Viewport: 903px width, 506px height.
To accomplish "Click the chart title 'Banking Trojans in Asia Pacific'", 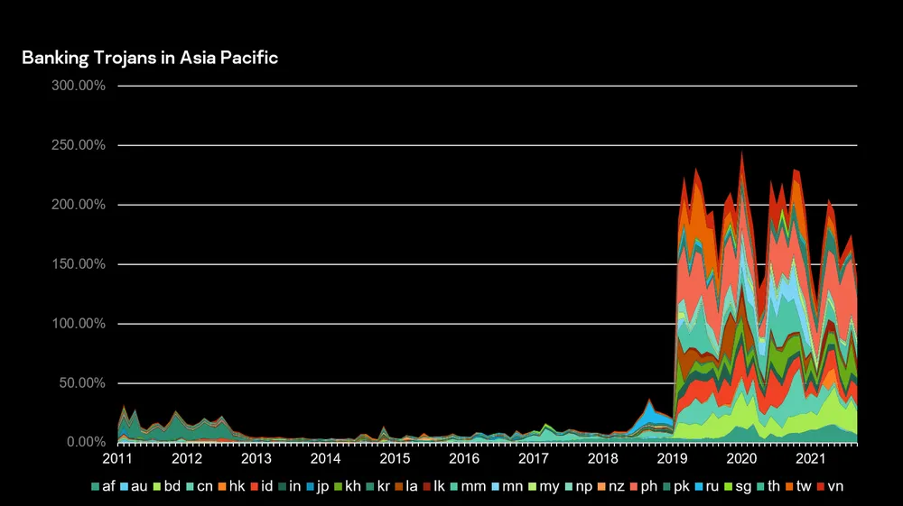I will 150,58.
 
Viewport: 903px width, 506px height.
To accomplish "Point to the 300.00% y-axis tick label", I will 81,86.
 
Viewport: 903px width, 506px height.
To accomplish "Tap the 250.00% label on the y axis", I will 81,145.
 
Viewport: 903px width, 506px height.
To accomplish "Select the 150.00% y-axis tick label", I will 81,264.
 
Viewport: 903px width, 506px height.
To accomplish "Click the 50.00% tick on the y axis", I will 84,383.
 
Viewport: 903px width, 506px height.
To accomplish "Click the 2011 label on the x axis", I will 117,459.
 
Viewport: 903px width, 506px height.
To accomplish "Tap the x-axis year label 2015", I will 396,459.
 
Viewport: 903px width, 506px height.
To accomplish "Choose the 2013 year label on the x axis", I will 256,459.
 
